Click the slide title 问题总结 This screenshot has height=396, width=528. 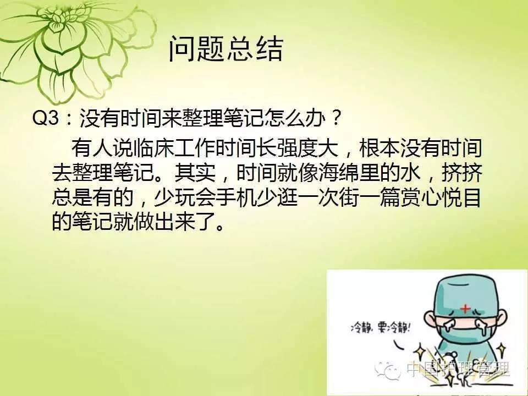coord(226,49)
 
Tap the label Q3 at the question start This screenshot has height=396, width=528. coord(46,118)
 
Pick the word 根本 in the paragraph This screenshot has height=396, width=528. coord(380,147)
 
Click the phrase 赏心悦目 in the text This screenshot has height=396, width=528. coord(441,197)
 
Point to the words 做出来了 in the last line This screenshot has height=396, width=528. coord(174,222)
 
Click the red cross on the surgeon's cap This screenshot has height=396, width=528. coord(465,308)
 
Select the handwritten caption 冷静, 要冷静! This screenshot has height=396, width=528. coord(381,327)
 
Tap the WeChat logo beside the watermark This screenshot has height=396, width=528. coord(388,370)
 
